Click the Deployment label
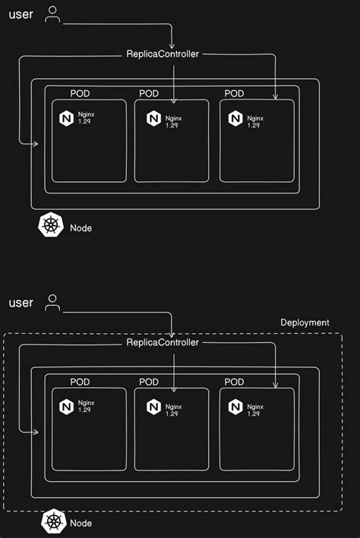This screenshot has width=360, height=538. tap(305, 322)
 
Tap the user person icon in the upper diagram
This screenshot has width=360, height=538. tap(52, 14)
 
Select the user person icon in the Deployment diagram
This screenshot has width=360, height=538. tap(52, 303)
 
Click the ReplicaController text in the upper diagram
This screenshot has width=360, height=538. tap(163, 55)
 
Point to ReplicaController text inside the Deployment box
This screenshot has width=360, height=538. tap(163, 343)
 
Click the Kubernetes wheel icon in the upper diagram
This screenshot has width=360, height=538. tap(51, 226)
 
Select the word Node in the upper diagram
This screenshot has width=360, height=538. tap(81, 228)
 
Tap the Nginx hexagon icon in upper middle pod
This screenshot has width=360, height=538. tap(154, 118)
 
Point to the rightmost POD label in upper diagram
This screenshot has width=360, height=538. tap(235, 93)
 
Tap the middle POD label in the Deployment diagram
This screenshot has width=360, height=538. tap(149, 382)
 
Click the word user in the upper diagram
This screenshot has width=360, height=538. tap(21, 14)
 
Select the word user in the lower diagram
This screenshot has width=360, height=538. tap(21, 303)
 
